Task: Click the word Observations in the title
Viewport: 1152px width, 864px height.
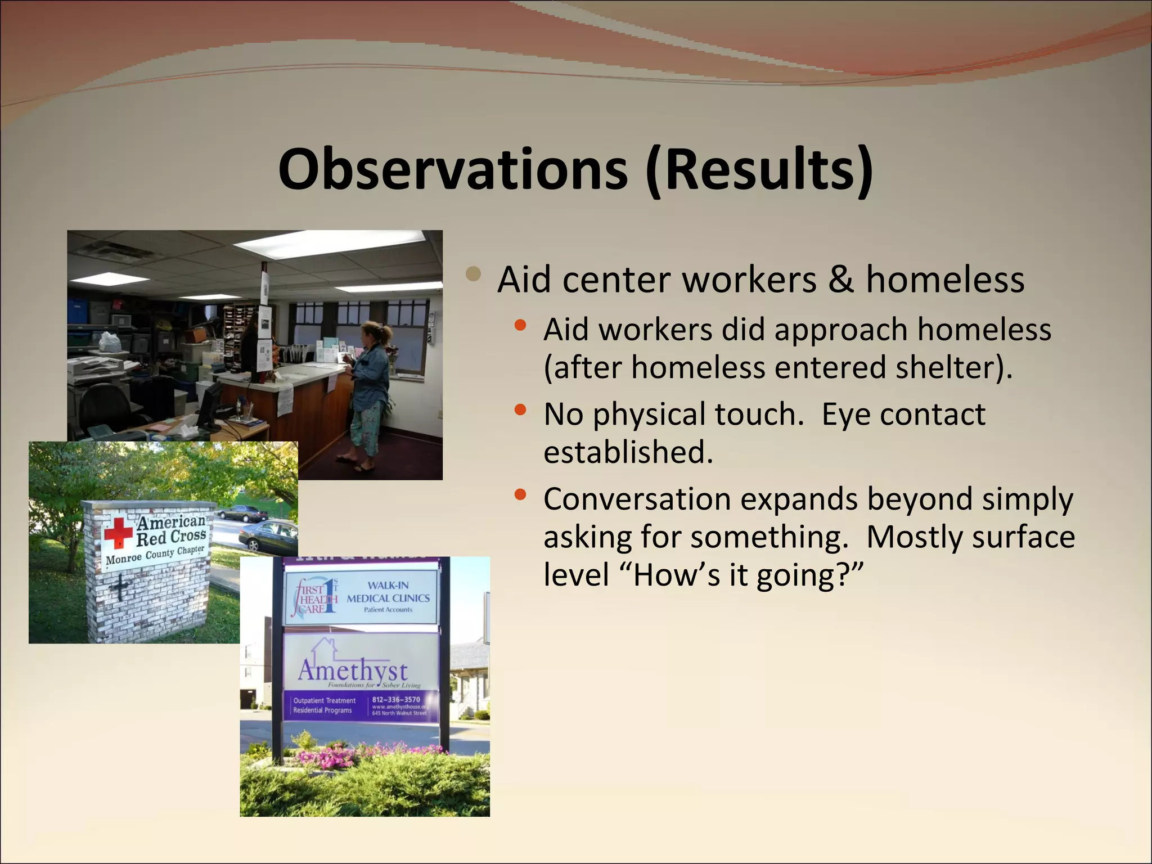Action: pyautogui.click(x=453, y=169)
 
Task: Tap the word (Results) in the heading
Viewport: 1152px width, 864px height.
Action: pyautogui.click(x=759, y=169)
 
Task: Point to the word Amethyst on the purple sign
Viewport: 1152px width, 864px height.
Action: pyautogui.click(x=353, y=670)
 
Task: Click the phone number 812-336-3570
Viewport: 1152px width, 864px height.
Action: pyautogui.click(x=396, y=700)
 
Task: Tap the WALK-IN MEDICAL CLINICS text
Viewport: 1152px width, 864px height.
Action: pyautogui.click(x=388, y=592)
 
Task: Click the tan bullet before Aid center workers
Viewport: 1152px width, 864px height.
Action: pyautogui.click(x=474, y=274)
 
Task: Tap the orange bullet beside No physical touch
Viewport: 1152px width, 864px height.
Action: pyautogui.click(x=520, y=410)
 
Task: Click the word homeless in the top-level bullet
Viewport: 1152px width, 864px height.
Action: pyautogui.click(x=945, y=280)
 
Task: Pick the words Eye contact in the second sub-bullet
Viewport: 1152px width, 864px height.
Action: pyautogui.click(x=903, y=415)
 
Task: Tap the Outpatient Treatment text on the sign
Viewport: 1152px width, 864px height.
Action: pyautogui.click(x=325, y=700)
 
